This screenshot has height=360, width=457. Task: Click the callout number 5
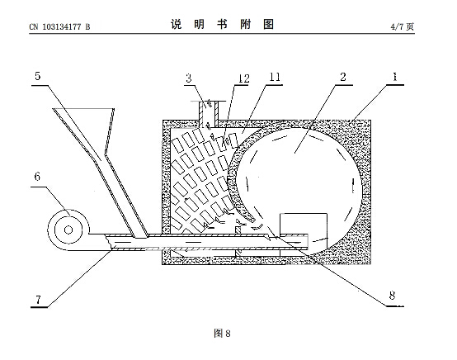(x=38, y=76)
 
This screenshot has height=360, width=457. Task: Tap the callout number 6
(x=37, y=177)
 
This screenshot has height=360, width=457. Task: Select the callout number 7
(x=38, y=300)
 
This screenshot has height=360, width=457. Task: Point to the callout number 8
(x=392, y=296)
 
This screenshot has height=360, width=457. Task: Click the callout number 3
(x=189, y=78)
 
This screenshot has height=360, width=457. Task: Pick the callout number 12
(x=243, y=78)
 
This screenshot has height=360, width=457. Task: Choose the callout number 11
(x=275, y=77)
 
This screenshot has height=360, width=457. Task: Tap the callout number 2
(x=343, y=77)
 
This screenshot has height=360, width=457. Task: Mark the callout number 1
(x=395, y=77)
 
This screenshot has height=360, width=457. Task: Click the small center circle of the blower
(x=68, y=230)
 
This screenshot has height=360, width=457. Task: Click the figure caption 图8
(x=222, y=333)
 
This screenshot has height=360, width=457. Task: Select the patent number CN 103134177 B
(x=59, y=27)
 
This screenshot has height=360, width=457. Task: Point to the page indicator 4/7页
(x=403, y=27)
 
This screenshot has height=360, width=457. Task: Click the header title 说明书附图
(x=222, y=25)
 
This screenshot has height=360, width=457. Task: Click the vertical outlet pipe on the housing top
(x=209, y=115)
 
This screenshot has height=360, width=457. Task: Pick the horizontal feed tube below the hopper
(x=204, y=242)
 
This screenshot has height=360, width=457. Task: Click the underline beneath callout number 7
(x=39, y=307)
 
